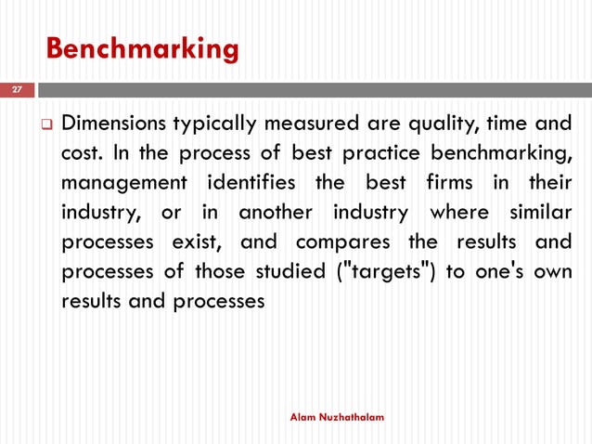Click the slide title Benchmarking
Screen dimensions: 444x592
point(142,47)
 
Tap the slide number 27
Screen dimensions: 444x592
point(16,90)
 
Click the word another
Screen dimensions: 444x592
point(277,213)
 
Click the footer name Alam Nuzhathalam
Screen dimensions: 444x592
point(337,419)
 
